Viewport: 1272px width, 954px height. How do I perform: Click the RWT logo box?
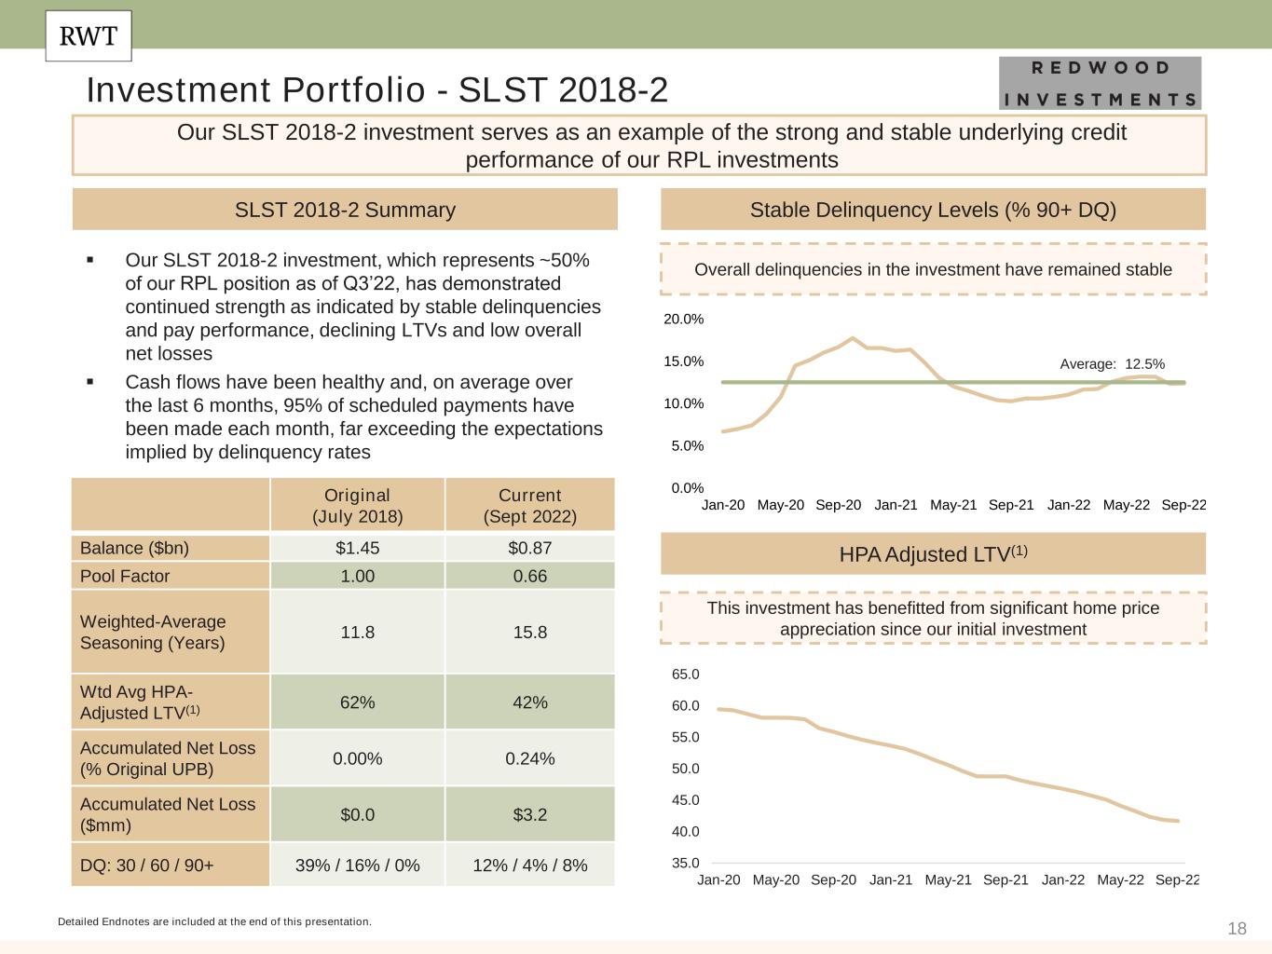click(89, 36)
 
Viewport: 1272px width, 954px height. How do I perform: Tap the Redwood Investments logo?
click(1100, 83)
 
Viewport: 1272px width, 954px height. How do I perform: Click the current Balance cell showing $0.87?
click(529, 548)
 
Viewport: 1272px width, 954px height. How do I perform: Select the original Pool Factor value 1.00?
click(357, 576)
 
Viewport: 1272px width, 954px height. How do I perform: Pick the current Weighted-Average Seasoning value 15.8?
click(529, 632)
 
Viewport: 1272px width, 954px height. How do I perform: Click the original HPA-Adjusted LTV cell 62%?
click(357, 702)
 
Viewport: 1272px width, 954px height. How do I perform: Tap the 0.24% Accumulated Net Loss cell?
click(529, 758)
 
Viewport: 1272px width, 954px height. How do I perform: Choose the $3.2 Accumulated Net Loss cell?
click(529, 814)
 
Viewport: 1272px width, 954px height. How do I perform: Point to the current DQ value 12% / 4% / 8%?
click(529, 865)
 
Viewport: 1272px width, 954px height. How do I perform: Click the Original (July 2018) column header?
click(357, 505)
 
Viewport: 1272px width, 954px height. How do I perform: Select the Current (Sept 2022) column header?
click(529, 505)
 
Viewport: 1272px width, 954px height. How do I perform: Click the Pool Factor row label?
click(125, 576)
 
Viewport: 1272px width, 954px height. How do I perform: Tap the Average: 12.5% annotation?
click(1112, 364)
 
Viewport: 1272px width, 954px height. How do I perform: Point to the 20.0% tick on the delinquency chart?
click(683, 320)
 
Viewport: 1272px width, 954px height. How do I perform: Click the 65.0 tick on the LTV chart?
click(685, 674)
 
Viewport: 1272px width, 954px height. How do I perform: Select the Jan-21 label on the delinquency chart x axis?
click(896, 505)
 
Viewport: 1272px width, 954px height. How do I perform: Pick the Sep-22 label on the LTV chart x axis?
click(1177, 879)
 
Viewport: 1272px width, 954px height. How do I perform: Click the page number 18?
click(1237, 928)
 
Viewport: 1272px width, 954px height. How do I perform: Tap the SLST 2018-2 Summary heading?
click(345, 210)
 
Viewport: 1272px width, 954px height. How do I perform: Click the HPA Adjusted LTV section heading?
click(933, 554)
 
